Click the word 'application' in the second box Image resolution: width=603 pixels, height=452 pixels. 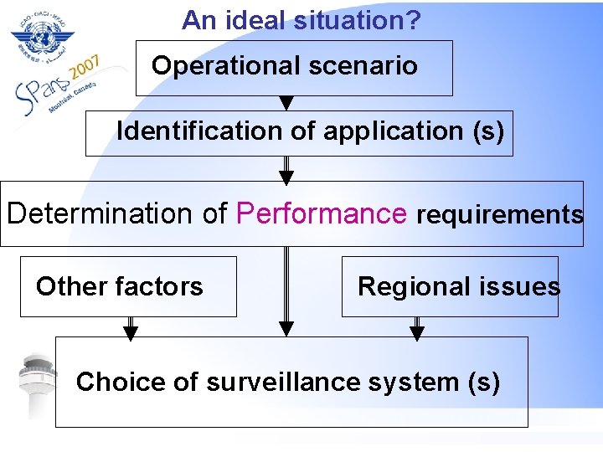392,131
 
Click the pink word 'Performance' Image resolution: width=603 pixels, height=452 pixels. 322,213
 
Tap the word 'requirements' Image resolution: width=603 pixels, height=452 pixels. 500,214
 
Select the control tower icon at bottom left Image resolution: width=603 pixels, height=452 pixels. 37,385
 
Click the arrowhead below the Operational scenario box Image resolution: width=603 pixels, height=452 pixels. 286,103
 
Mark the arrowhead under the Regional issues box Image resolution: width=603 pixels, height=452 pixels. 417,334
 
